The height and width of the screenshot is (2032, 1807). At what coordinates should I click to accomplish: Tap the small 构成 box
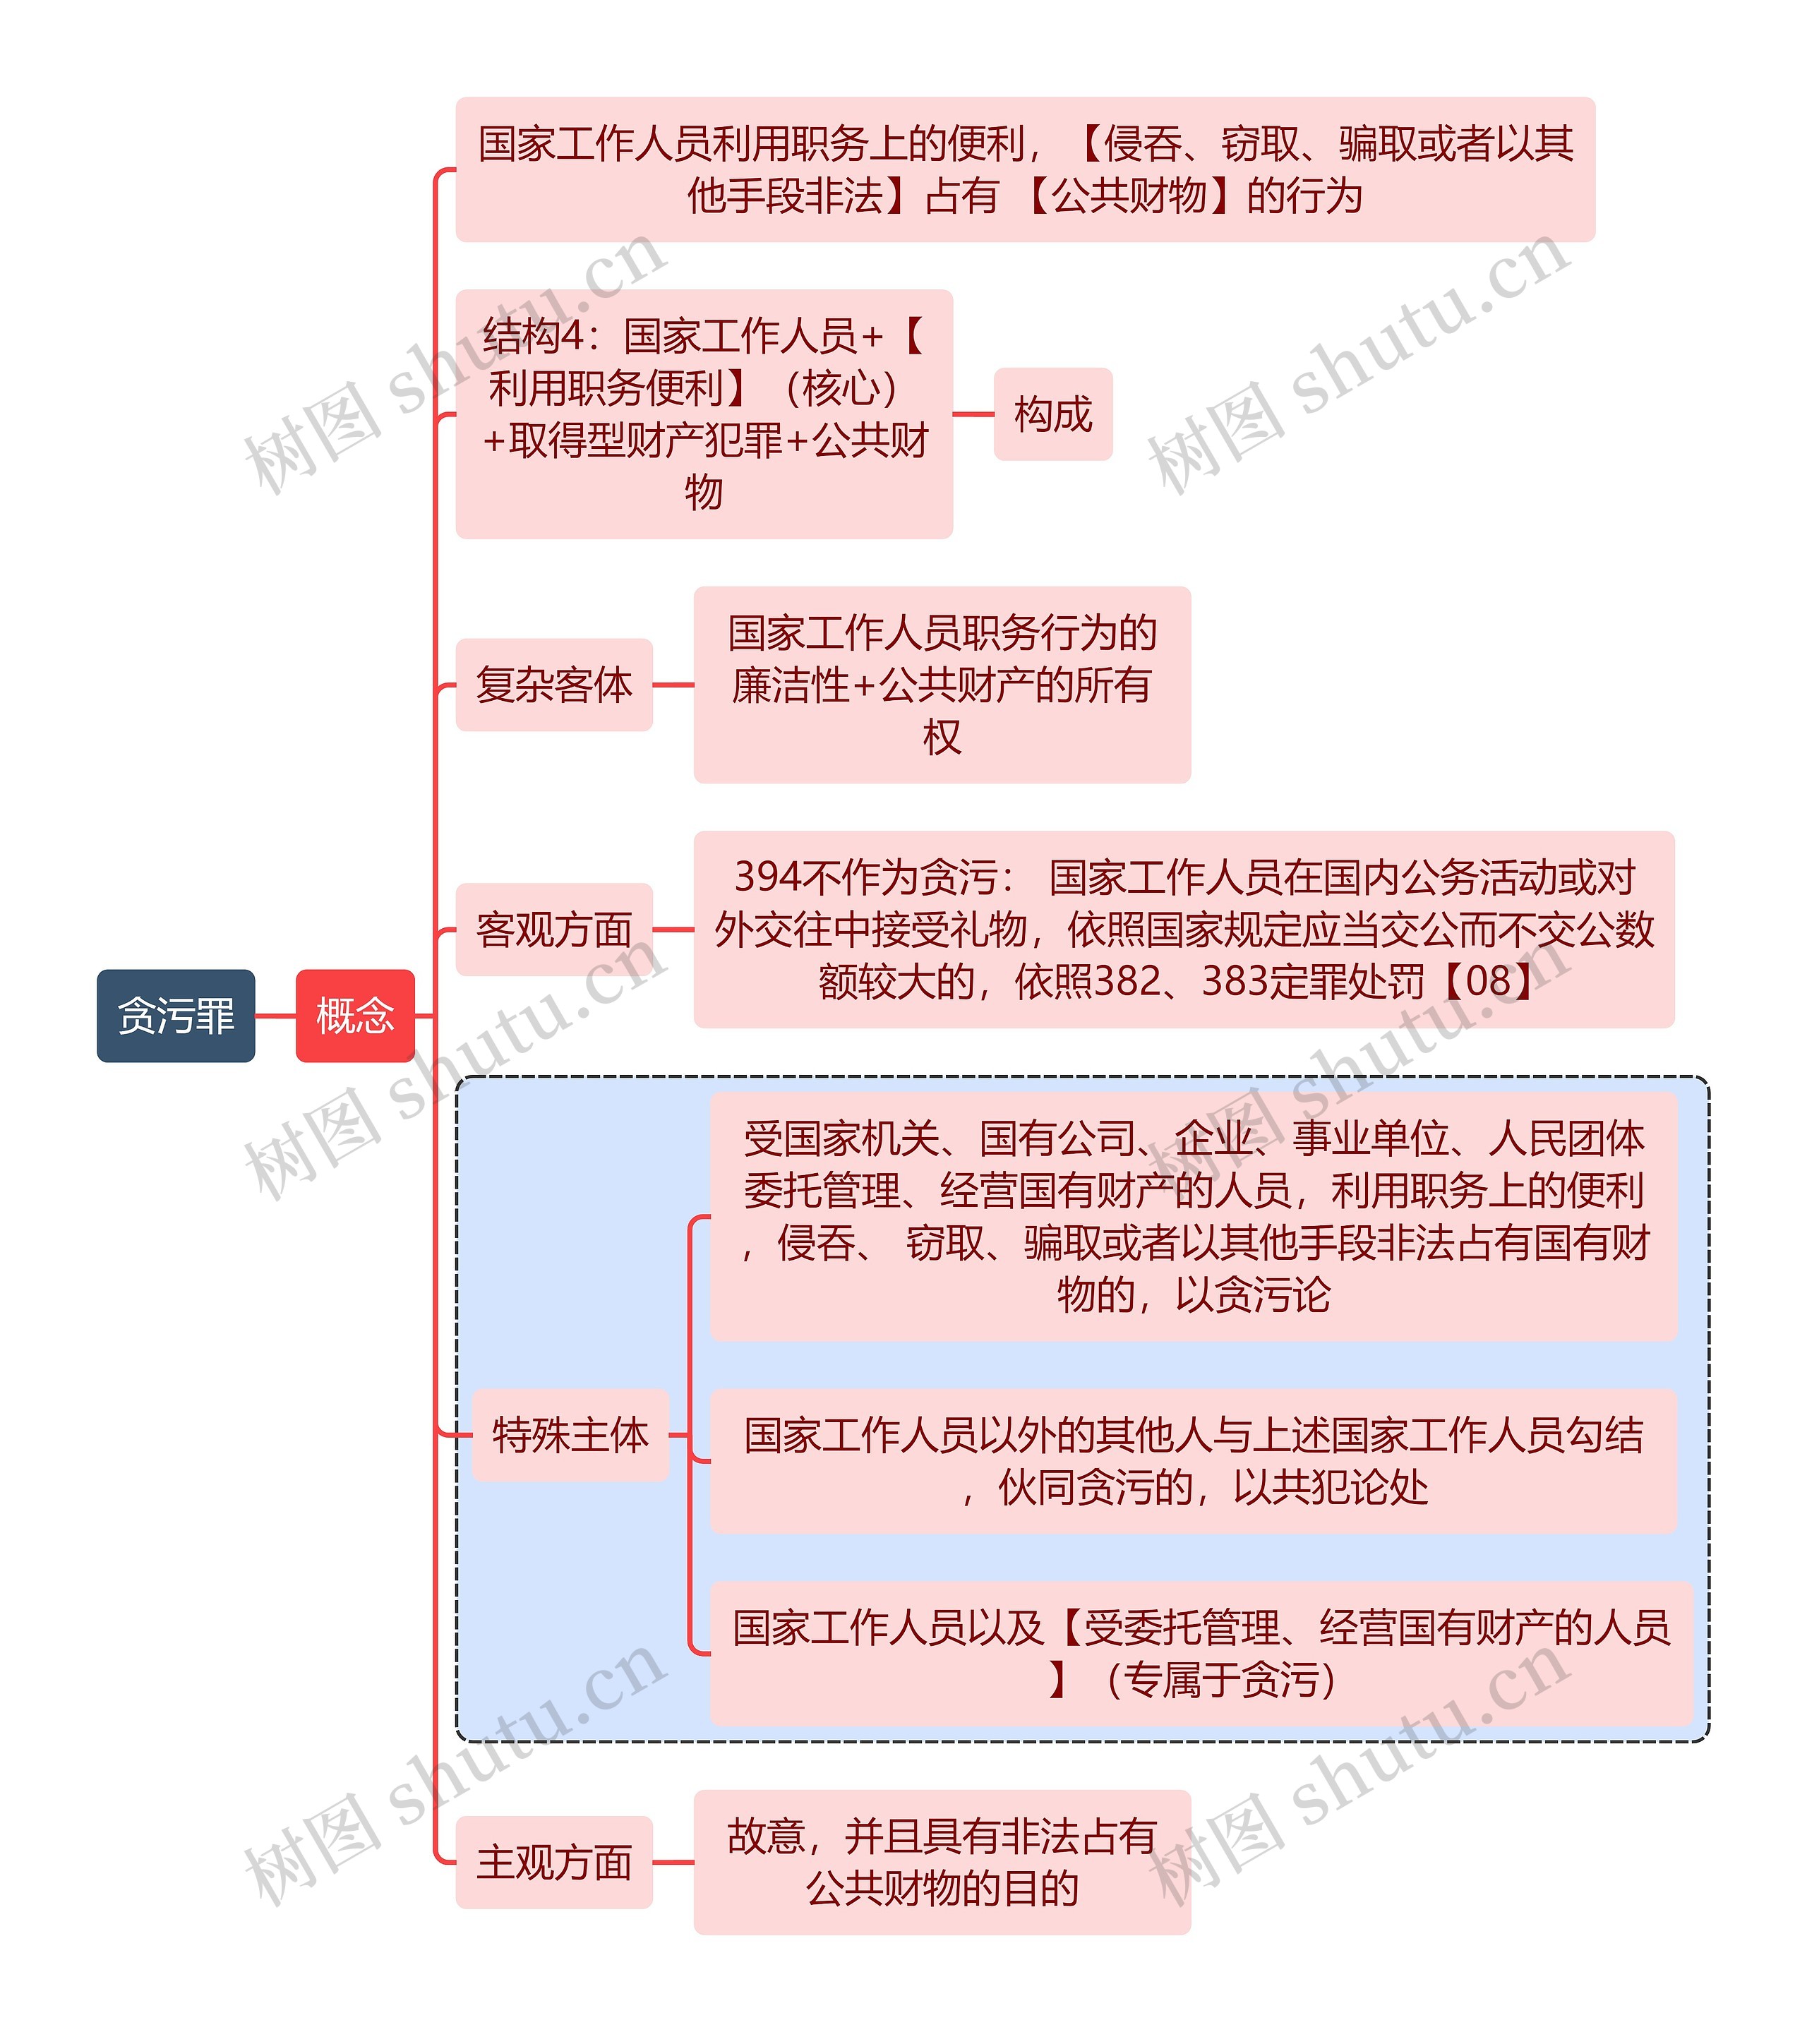pyautogui.click(x=1052, y=414)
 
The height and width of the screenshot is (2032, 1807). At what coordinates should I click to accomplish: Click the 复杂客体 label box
pyautogui.click(x=553, y=685)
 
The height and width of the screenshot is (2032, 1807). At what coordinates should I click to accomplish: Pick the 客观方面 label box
pyautogui.click(x=553, y=930)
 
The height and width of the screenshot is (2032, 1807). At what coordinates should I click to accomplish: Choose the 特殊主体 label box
pyautogui.click(x=570, y=1436)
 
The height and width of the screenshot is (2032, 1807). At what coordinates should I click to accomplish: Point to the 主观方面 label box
pyautogui.click(x=553, y=1862)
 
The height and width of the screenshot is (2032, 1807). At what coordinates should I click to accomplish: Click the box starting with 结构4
pyautogui.click(x=704, y=414)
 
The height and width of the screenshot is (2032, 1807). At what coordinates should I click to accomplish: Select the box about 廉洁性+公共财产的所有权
pyautogui.click(x=942, y=685)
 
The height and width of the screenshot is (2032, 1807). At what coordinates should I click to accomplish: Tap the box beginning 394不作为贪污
pyautogui.click(x=1184, y=930)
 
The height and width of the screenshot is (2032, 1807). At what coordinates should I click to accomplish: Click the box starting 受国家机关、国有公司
pyautogui.click(x=1194, y=1216)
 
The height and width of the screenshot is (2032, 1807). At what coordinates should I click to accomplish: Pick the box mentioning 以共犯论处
pyautogui.click(x=1194, y=1462)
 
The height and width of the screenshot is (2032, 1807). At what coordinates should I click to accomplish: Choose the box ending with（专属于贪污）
pyautogui.click(x=1201, y=1654)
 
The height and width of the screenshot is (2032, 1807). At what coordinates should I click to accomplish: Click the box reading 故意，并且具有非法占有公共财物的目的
pyautogui.click(x=942, y=1862)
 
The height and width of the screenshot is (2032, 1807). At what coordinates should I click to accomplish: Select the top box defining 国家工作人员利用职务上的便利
pyautogui.click(x=1025, y=169)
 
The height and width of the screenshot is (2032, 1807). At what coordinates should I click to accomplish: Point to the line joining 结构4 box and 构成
pyautogui.click(x=973, y=414)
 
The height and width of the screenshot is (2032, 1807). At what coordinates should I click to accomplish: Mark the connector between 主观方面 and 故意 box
pyautogui.click(x=673, y=1862)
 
